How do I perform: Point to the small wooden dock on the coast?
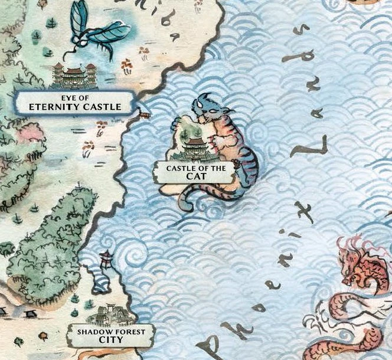point(143,110)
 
